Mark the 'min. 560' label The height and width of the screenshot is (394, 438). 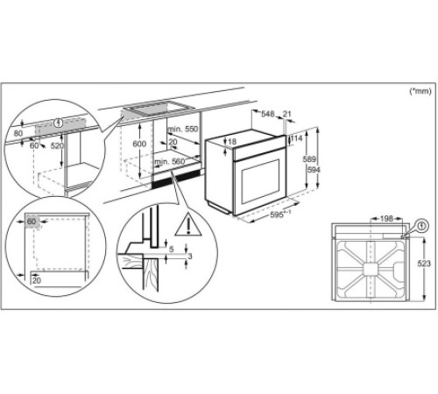pyautogui.click(x=169, y=162)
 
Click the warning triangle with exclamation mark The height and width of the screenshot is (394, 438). pyautogui.click(x=187, y=228)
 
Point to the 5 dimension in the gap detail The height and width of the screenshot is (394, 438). pyautogui.click(x=173, y=248)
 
